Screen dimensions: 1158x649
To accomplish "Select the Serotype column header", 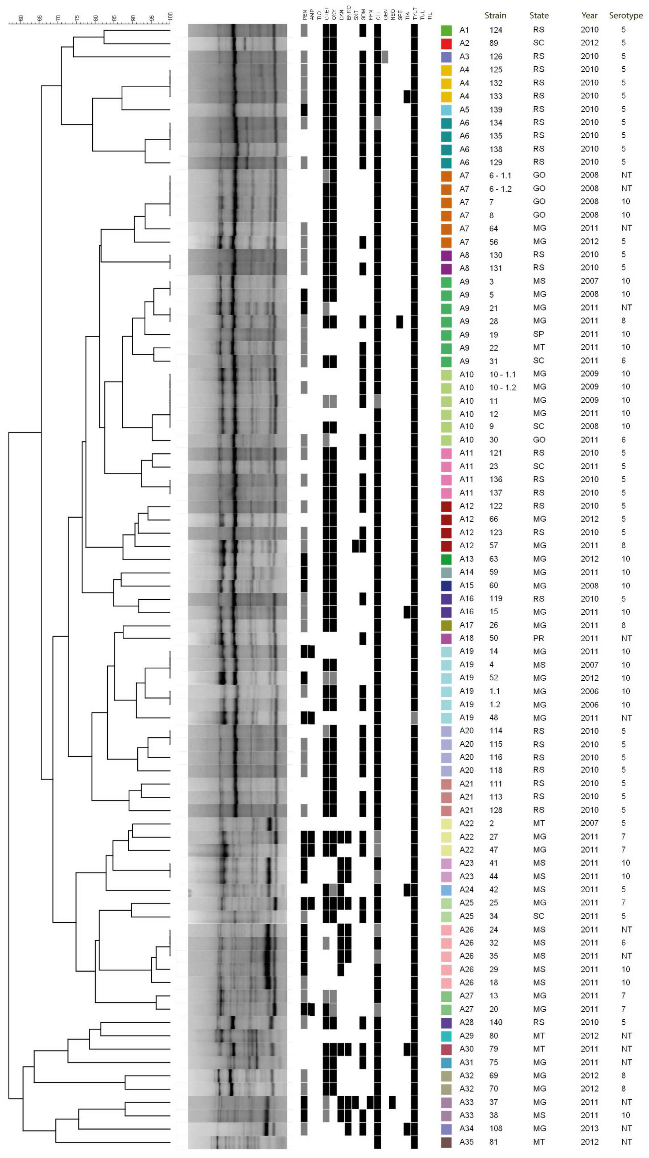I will point(626,15).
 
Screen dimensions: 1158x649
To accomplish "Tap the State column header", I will point(539,15).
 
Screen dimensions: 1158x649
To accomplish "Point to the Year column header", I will point(589,15).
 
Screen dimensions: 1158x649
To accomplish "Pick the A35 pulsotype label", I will point(466,1141).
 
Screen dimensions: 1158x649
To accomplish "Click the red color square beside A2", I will point(446,43).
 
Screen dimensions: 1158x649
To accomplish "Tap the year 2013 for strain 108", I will point(589,1128).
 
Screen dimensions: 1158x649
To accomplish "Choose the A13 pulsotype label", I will point(466,559).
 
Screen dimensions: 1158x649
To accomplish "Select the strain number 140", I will point(496,1022).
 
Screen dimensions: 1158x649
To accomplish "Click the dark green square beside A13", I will point(446,559).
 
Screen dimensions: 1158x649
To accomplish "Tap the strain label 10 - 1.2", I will point(502,387).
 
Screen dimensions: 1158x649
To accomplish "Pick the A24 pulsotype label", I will point(466,889).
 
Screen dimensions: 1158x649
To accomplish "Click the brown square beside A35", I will point(446,1141).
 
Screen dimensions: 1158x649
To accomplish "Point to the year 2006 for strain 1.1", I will point(589,691).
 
